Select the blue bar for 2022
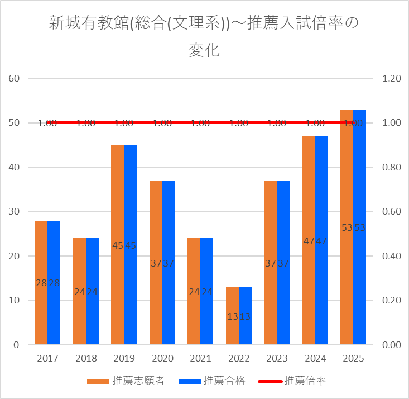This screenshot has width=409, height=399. [245, 316]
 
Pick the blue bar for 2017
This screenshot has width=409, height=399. [54, 283]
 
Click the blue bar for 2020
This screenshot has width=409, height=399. [169, 263]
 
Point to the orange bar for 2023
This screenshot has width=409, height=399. [270, 263]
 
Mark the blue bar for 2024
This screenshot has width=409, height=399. [321, 240]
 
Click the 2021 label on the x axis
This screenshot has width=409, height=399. [200, 359]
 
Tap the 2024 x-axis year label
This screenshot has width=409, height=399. [315, 359]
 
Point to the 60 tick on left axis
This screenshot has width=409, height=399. [15, 78]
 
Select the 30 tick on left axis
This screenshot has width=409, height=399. [15, 212]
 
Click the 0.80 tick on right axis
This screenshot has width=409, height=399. [392, 167]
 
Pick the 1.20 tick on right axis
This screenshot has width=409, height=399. [392, 78]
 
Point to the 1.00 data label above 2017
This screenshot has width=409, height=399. [47, 123]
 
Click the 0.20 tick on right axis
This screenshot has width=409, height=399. [392, 301]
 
